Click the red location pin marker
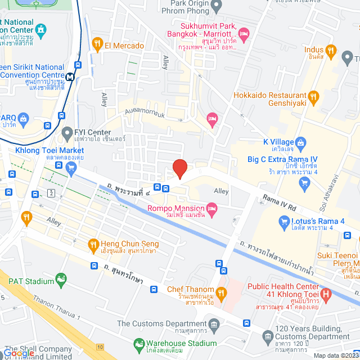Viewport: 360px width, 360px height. click(x=179, y=168)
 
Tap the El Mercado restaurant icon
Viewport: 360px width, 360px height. click(x=97, y=43)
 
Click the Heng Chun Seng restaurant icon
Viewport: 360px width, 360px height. click(x=94, y=244)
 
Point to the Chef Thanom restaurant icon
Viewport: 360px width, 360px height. click(x=222, y=292)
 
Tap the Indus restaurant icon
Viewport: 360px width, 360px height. click(x=332, y=52)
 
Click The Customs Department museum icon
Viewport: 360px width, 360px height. click(x=214, y=324)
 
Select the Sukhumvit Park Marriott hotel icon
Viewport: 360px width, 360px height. click(x=244, y=35)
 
